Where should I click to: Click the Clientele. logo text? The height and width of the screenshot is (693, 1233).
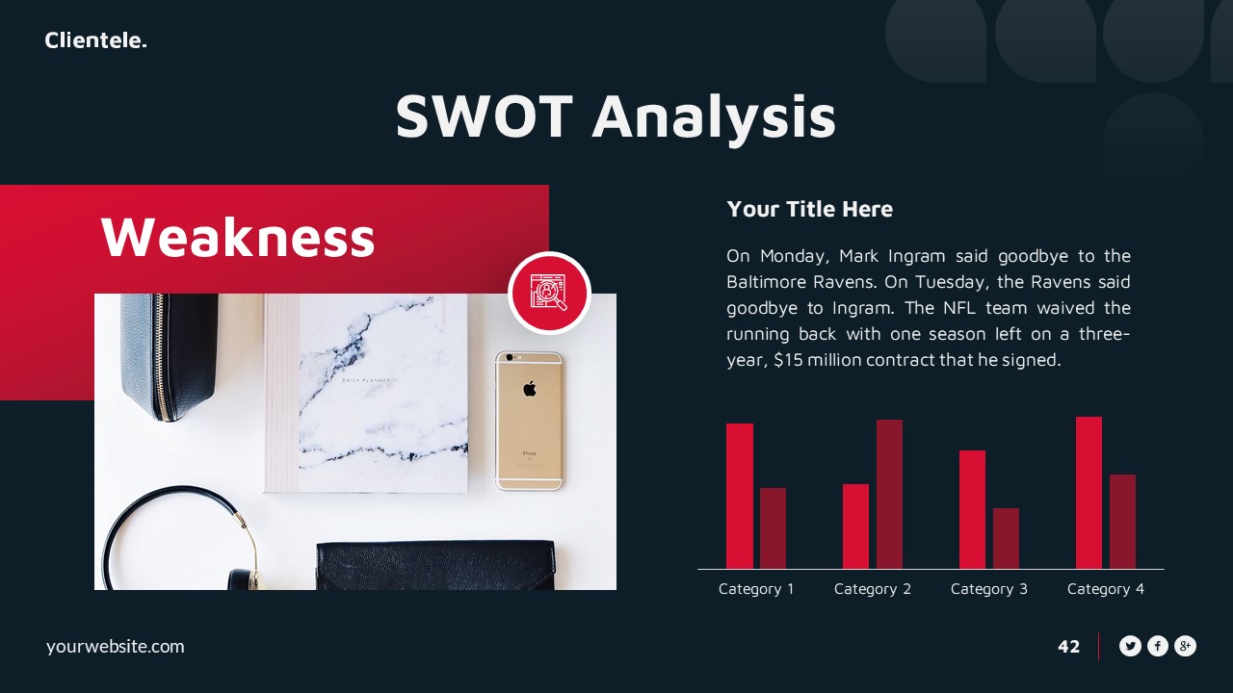pos(95,40)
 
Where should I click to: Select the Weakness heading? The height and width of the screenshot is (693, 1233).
pos(237,237)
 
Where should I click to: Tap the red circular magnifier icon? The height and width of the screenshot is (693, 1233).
pos(549,293)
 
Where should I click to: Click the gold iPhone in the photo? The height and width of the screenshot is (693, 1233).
pos(529,420)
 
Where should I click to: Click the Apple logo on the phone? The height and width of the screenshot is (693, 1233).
pos(529,389)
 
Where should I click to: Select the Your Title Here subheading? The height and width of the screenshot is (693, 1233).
pos(809,209)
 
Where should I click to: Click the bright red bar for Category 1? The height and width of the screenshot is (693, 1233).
pos(740,496)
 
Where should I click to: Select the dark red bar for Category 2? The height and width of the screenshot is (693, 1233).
pos(889,494)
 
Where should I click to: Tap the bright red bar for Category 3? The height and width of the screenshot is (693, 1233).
pos(972,509)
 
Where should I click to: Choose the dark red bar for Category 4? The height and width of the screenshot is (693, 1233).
pos(1122,521)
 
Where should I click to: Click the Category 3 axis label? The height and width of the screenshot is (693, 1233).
pos(988,589)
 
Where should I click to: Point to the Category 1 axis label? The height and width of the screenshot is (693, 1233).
pos(756,589)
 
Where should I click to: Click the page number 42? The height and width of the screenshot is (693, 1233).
pos(1068,647)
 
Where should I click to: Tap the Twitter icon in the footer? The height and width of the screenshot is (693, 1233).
pos(1130,647)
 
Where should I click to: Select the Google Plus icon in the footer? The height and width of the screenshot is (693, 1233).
pos(1185,647)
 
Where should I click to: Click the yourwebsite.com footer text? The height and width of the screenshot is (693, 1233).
pos(115,647)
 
